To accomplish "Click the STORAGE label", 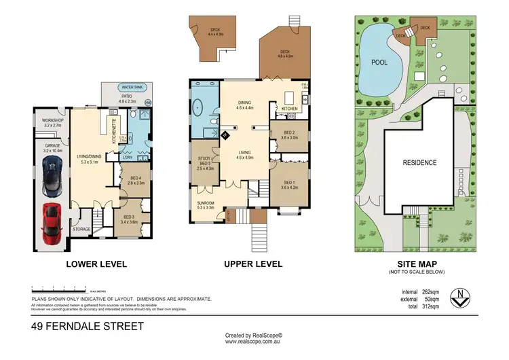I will [x=81, y=230].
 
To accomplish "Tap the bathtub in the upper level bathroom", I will [x=199, y=107].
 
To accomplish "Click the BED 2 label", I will [x=289, y=134].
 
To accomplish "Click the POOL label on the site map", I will [x=379, y=62].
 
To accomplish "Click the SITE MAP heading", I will [x=416, y=264].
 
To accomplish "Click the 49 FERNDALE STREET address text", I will [x=88, y=327].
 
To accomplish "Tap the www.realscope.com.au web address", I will [x=254, y=343].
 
